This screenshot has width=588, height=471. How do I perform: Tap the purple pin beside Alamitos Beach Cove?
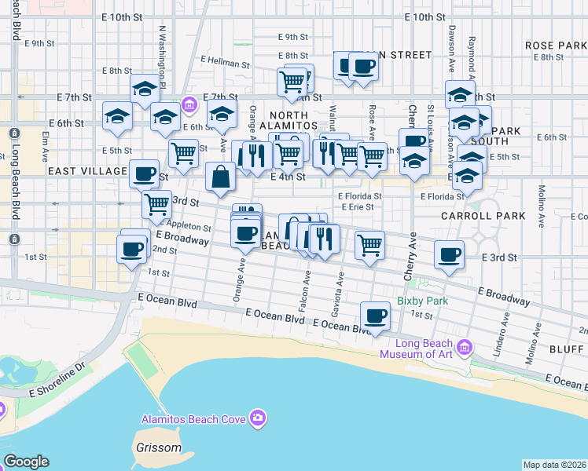pyautogui.click(x=256, y=418)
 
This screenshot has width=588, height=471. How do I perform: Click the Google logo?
pyautogui.click(x=26, y=462)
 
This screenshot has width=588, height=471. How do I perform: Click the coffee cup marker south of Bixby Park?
pyautogui.click(x=375, y=316)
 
